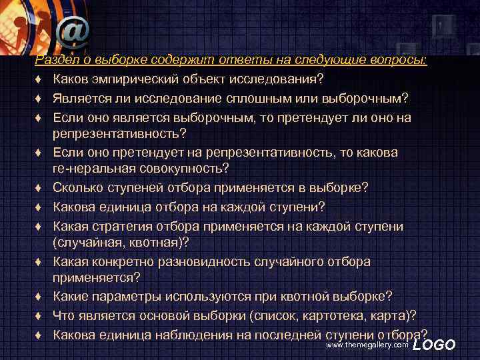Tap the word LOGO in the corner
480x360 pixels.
(x=434, y=345)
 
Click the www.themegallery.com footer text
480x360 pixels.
(x=367, y=345)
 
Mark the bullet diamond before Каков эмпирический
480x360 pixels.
(x=41, y=81)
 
